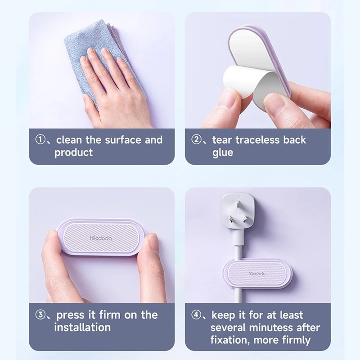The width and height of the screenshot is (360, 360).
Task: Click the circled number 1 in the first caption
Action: pos(40,139)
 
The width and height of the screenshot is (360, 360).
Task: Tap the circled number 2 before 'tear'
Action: pos(197,139)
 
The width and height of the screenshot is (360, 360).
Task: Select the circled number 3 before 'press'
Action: pos(40,315)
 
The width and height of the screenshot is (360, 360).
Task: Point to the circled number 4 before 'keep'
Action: pos(197,315)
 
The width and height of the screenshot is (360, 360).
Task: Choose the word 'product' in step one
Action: pos(74,153)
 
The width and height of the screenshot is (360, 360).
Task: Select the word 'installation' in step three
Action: pos(82,327)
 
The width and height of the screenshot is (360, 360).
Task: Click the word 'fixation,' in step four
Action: pos(230,340)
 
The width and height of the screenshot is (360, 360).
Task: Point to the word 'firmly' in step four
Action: pos(293,340)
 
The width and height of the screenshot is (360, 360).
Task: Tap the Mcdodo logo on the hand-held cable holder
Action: pos(101,238)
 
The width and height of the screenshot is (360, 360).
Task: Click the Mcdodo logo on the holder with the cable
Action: pos(257,274)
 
